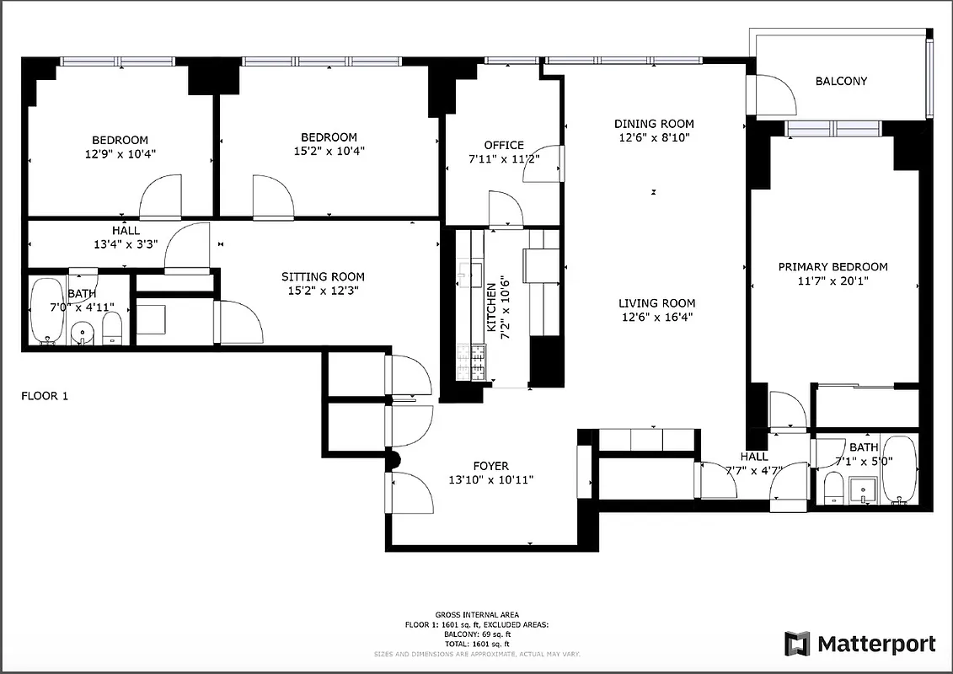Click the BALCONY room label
tap(840, 82)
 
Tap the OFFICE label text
tap(503, 145)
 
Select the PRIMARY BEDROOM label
tap(832, 267)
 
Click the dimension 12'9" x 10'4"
tap(120, 154)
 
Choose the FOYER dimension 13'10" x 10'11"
tap(490, 480)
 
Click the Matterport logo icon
tap(797, 644)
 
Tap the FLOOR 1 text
tap(44, 395)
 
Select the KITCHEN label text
tap(491, 310)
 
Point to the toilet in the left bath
tap(113, 328)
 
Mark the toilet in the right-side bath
tap(833, 488)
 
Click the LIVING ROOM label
tap(656, 303)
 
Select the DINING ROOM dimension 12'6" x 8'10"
tap(654, 137)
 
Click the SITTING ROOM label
tap(323, 276)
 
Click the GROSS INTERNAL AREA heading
tap(477, 614)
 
